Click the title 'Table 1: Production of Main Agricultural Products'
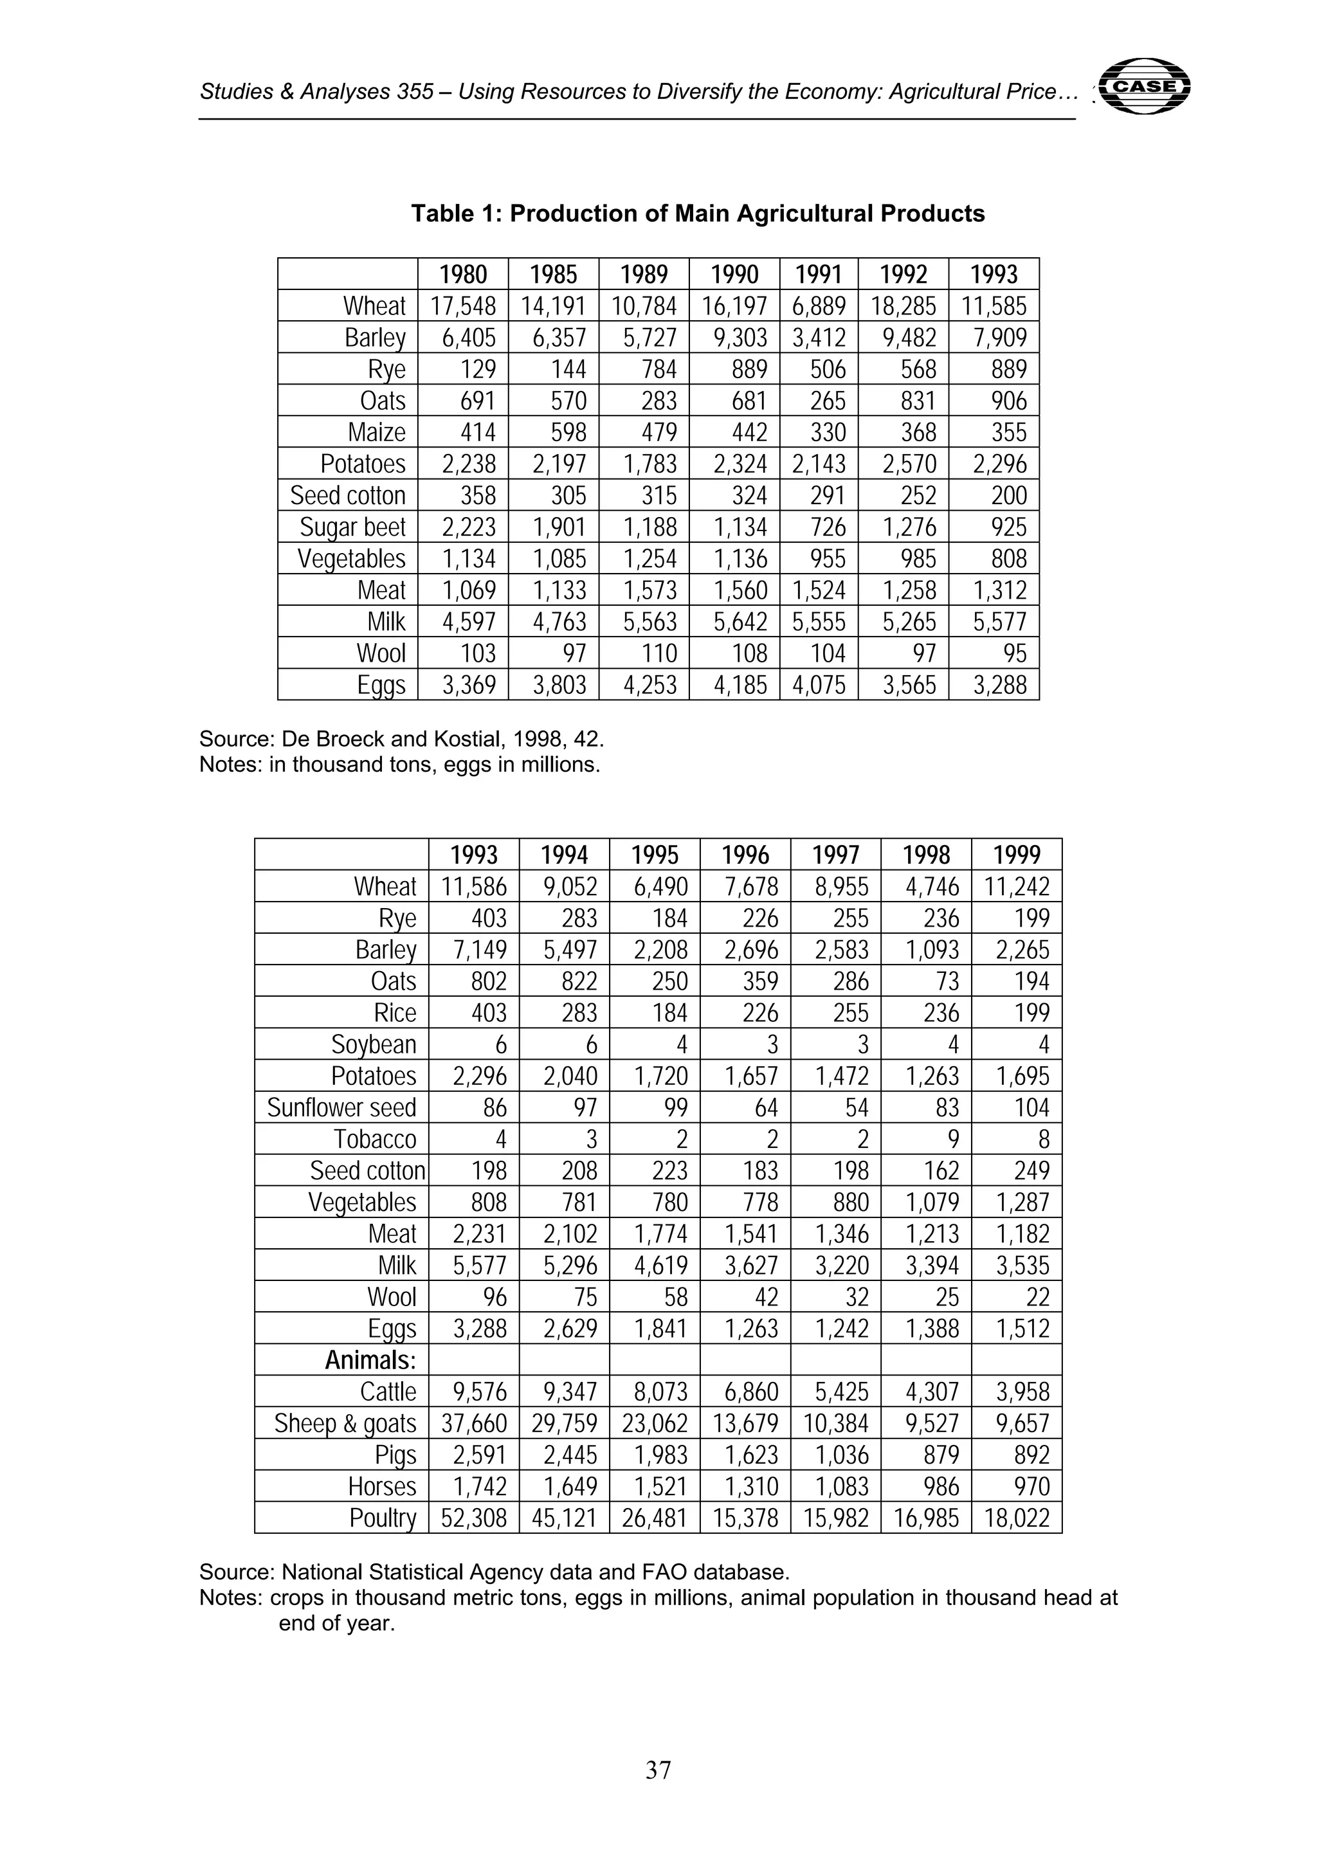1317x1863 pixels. coord(697,214)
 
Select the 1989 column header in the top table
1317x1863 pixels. coord(644,274)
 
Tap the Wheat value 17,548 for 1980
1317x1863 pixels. coord(464,306)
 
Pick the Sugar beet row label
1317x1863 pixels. coord(352,527)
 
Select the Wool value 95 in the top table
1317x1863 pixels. coord(1014,653)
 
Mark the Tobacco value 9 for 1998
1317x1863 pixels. coord(954,1140)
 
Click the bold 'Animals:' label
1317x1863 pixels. coord(370,1361)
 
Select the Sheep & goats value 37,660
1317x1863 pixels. coord(474,1424)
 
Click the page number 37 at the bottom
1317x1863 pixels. coord(658,1770)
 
